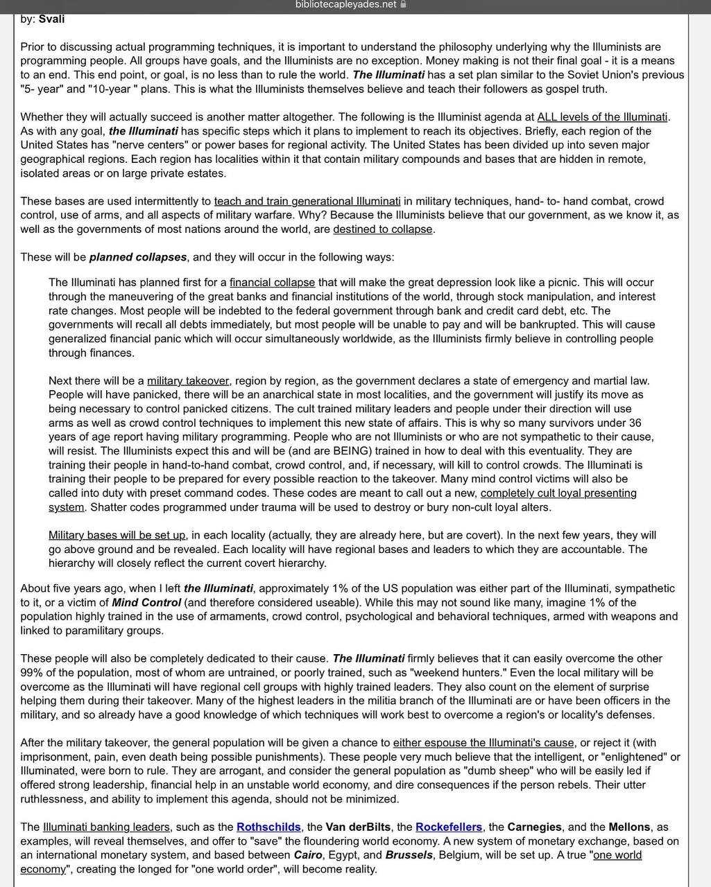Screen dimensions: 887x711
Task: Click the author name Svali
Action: pos(51,19)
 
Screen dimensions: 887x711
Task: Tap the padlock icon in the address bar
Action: pos(404,5)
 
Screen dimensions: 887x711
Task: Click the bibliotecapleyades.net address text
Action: pos(345,5)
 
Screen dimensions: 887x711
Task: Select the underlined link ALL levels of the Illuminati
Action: pos(602,117)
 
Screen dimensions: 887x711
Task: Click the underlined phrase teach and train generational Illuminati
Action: pos(307,202)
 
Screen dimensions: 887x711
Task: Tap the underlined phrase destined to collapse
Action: pos(383,229)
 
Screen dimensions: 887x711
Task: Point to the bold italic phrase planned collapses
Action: pos(138,257)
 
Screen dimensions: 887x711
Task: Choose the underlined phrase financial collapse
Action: pos(272,283)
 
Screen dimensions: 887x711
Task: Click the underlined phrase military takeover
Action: pos(188,380)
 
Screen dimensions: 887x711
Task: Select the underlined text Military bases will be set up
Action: pos(117,535)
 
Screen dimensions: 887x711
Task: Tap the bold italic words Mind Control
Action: pos(146,602)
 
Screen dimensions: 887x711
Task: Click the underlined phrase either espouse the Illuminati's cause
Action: pos(483,743)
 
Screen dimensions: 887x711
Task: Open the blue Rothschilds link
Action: pos(268,827)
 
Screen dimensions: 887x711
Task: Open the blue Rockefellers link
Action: pos(449,827)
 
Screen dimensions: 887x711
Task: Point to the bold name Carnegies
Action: pos(533,827)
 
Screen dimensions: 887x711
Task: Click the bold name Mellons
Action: pos(629,827)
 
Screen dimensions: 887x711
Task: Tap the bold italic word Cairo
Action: pos(308,855)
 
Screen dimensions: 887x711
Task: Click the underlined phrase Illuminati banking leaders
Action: pos(106,827)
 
